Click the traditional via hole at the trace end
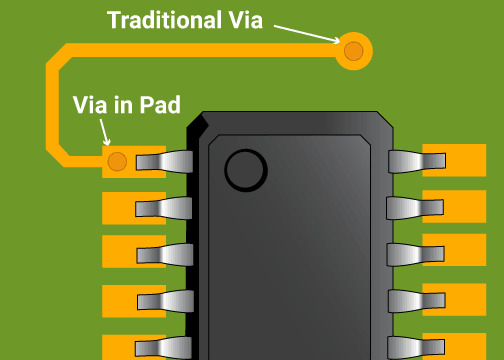click(353, 50)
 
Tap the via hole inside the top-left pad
click(117, 160)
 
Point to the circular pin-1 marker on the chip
click(246, 169)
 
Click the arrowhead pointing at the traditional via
click(338, 41)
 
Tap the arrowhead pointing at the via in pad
click(108, 143)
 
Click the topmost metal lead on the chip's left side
click(165, 161)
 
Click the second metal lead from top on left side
click(165, 207)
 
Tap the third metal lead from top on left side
click(165, 254)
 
